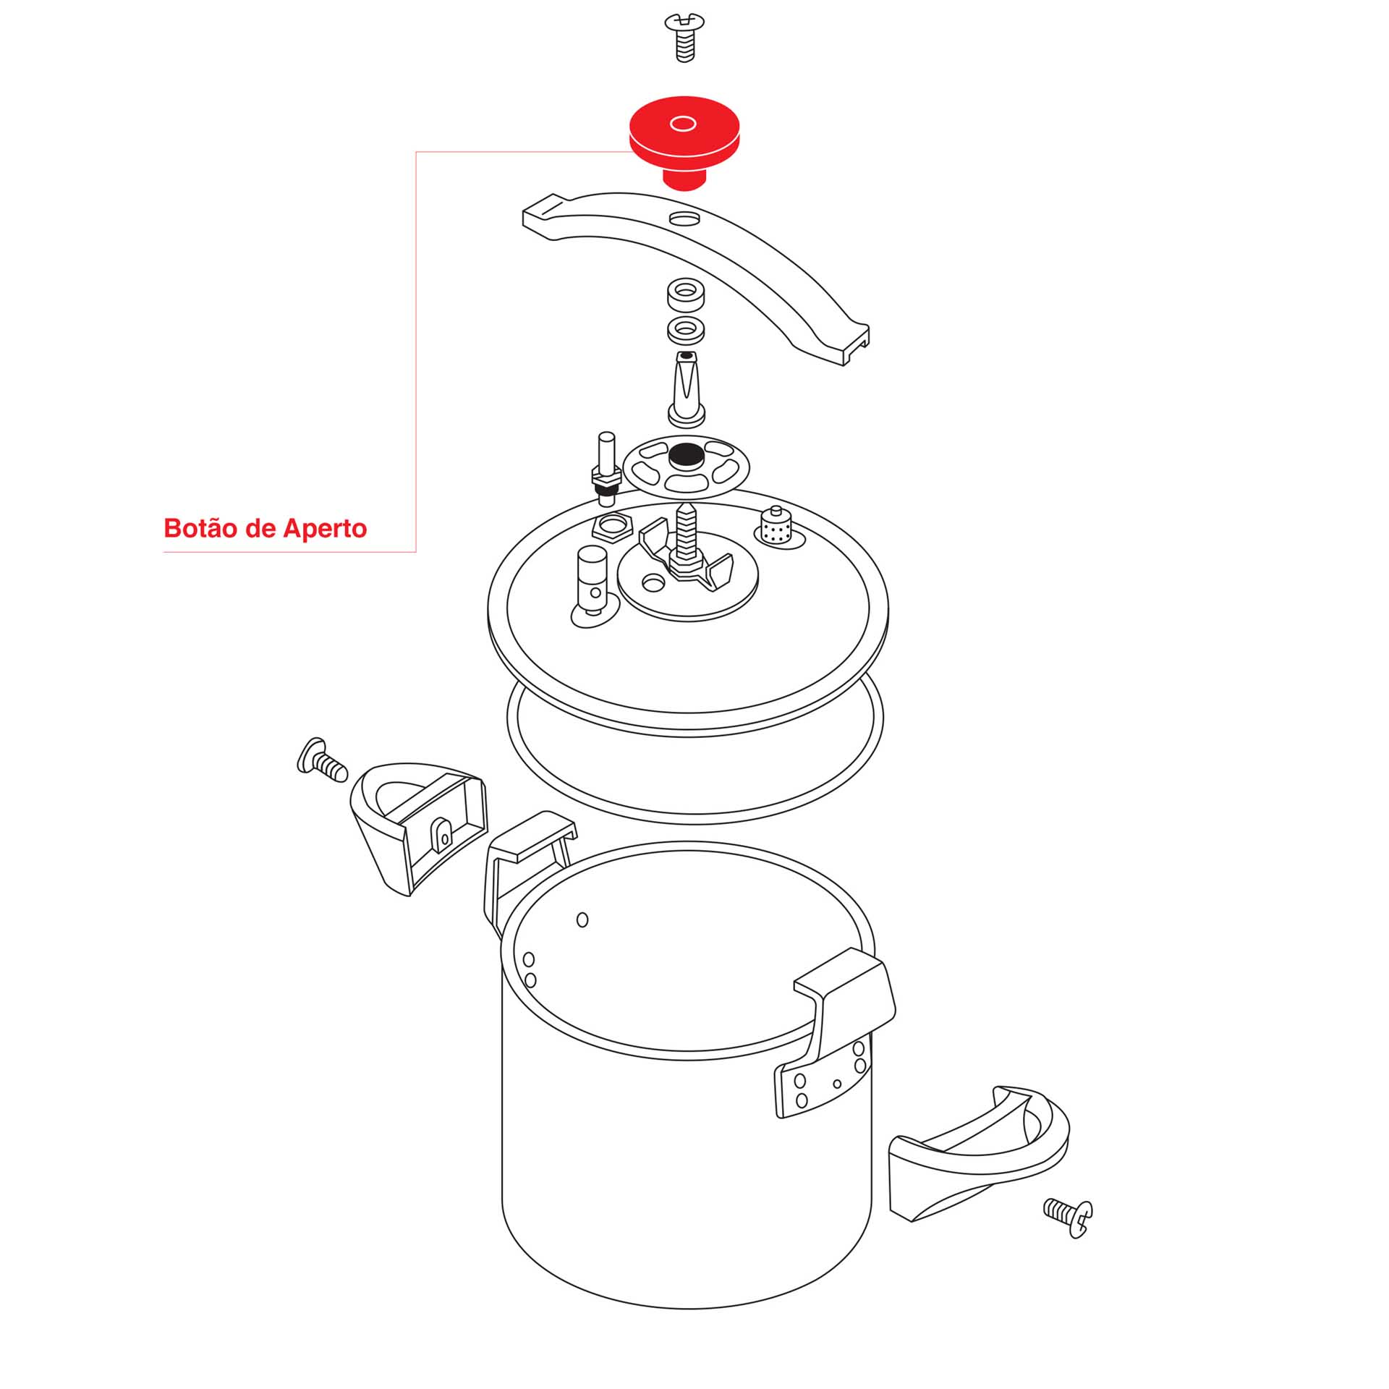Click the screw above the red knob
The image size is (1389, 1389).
(x=684, y=38)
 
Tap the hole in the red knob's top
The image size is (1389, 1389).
(x=683, y=124)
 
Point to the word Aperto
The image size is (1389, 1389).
(x=325, y=529)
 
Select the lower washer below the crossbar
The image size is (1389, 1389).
(x=687, y=330)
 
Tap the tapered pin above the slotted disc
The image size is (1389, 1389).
(x=686, y=389)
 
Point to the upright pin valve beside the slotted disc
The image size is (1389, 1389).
(x=606, y=469)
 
